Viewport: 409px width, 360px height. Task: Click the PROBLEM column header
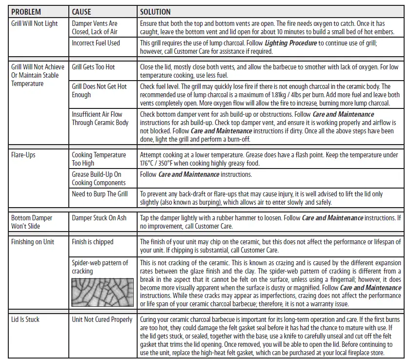(26, 11)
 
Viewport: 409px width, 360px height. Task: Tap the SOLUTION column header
(155, 11)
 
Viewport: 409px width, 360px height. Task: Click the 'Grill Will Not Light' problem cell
(34, 23)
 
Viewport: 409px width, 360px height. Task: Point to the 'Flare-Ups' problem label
(23, 155)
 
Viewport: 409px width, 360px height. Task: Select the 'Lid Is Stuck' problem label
(25, 319)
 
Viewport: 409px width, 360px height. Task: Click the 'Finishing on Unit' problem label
(33, 242)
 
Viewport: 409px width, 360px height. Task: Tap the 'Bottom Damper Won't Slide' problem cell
(32, 222)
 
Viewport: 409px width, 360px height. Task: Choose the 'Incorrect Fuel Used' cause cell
(96, 43)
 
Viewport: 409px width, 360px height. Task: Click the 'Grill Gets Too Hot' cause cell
(93, 67)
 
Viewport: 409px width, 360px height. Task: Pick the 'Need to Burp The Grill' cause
(100, 194)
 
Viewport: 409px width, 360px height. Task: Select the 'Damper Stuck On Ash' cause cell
(99, 218)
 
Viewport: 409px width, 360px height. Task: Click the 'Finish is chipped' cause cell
(93, 242)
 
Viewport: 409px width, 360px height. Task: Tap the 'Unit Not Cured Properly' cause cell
(102, 319)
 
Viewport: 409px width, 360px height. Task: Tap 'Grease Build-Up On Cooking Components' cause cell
(98, 178)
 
